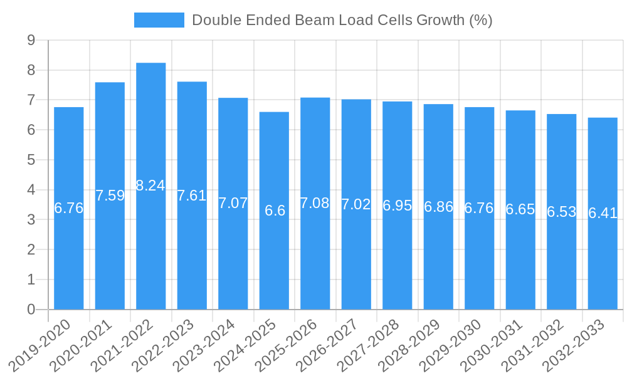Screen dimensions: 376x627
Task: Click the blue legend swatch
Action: [159, 20]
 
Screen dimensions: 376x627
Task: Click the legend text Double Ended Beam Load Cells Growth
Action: [342, 20]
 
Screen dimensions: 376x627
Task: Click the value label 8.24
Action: [150, 185]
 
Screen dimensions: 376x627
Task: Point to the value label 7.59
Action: [110, 196]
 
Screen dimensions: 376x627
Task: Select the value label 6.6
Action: [275, 211]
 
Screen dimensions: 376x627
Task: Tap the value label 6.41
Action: [603, 213]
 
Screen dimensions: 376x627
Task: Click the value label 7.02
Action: [356, 204]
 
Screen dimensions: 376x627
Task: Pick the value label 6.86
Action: [438, 207]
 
